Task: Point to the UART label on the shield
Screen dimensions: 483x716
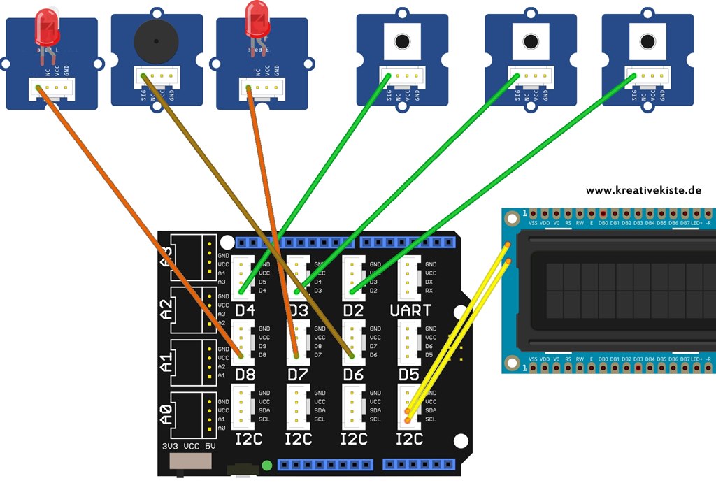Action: pyautogui.click(x=410, y=310)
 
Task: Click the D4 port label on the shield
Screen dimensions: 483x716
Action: pyautogui.click(x=245, y=310)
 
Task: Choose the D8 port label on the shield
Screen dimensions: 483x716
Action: pyautogui.click(x=245, y=375)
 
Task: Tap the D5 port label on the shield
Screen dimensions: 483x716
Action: pyautogui.click(x=408, y=375)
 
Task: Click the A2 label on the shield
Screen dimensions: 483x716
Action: pyautogui.click(x=166, y=307)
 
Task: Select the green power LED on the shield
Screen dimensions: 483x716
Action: pyautogui.click(x=266, y=466)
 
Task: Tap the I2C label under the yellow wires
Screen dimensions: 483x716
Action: pyautogui.click(x=409, y=439)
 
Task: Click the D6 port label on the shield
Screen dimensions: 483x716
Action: pyautogui.click(x=354, y=375)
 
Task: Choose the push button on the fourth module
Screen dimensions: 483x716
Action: pyautogui.click(x=402, y=41)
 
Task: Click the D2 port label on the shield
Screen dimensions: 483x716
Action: pyautogui.click(x=354, y=310)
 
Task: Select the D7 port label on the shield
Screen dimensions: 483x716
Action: pyautogui.click(x=299, y=375)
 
